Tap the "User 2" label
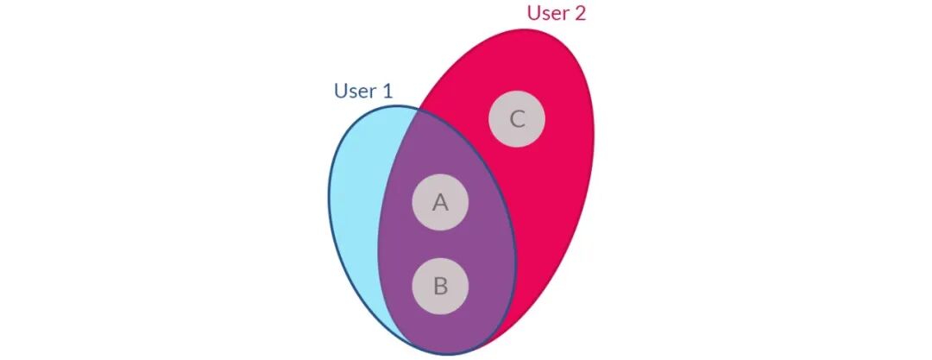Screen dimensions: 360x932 [556, 13]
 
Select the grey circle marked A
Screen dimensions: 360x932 [440, 203]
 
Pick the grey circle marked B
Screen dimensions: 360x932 [440, 286]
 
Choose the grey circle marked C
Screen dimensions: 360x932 [517, 119]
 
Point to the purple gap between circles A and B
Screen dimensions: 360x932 [440, 244]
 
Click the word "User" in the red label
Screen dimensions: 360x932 [545, 13]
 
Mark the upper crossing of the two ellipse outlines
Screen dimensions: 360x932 [418, 109]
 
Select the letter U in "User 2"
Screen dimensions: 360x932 [533, 13]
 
